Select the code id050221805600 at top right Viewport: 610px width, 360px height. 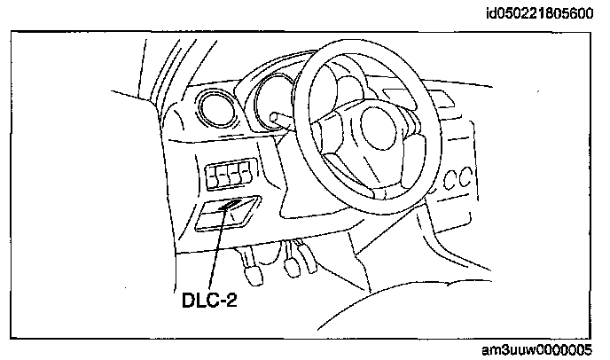click(543, 12)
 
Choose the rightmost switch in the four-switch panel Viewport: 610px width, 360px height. click(247, 176)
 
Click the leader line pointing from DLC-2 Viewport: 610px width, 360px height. click(219, 253)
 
